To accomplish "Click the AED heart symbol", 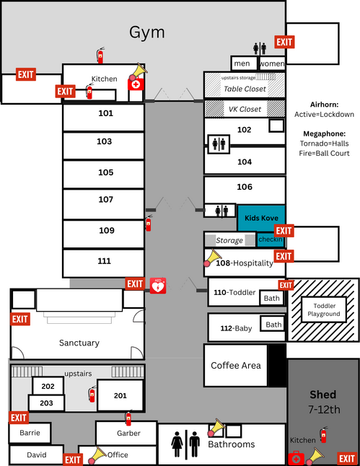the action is tap(158, 286).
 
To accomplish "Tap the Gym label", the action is tap(147, 32).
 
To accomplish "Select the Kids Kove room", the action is tap(261, 218).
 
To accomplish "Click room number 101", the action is tap(106, 113).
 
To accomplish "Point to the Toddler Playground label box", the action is tap(324, 309).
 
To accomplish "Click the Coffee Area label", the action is tap(236, 365).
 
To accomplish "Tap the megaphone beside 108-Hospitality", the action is tap(212, 258).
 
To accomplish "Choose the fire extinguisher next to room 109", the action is tap(149, 223).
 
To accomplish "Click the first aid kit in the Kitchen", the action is tap(136, 84).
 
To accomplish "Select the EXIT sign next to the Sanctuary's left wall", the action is tap(20, 319).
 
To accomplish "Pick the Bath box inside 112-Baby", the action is tap(273, 324).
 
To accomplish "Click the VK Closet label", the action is tap(245, 109).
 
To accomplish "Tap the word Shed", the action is tap(322, 395).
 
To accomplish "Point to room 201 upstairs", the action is tap(120, 395).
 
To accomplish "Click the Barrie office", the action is tap(30, 433).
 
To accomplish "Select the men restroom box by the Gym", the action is tap(244, 63).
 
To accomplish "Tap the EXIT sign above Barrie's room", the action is tap(19, 418).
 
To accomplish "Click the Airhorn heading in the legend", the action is tap(324, 105).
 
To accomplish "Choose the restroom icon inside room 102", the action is tap(219, 144).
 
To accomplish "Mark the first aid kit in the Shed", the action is tap(296, 458).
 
